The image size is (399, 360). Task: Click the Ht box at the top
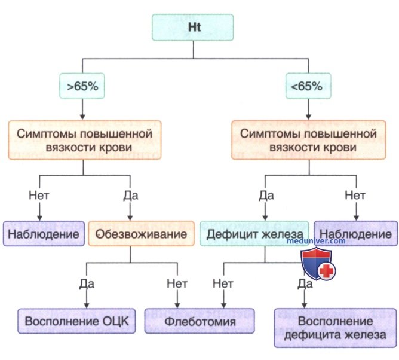tap(192, 28)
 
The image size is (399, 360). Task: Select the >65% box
tap(82, 86)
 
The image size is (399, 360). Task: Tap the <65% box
tap(308, 86)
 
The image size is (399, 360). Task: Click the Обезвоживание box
tap(141, 234)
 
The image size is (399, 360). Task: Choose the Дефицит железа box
tap(254, 234)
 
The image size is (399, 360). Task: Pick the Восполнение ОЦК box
tap(76, 321)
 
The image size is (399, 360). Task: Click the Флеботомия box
tap(199, 321)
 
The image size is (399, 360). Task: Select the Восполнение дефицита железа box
tap(335, 328)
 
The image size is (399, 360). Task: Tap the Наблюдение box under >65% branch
tap(44, 234)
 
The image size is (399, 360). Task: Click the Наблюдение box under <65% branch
tap(355, 234)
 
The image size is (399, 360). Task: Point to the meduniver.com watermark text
tap(316, 241)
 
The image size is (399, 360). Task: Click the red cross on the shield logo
tap(327, 271)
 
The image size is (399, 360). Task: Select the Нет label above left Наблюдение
tap(39, 196)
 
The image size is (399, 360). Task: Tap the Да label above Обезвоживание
tap(131, 196)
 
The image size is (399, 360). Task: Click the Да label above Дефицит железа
tap(266, 196)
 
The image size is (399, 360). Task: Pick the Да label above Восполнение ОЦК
tap(87, 283)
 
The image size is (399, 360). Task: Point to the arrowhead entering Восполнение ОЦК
tap(87, 306)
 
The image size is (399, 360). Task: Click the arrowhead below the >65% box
tap(82, 117)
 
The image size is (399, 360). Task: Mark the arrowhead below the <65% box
tap(308, 117)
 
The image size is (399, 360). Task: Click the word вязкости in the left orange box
tap(67, 148)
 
